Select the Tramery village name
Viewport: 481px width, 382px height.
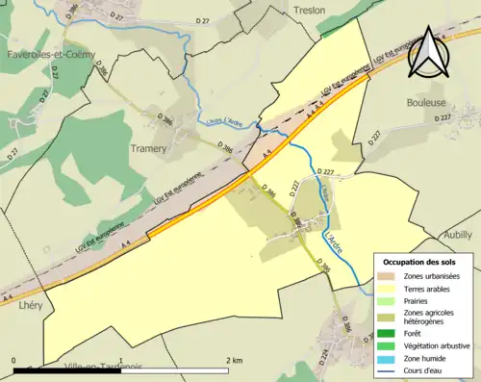tap(149, 148)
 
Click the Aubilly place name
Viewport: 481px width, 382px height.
tap(460, 235)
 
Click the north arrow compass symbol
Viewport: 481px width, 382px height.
tap(427, 54)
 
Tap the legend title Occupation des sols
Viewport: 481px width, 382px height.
tap(419, 262)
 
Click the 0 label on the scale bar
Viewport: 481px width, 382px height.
tap(13, 359)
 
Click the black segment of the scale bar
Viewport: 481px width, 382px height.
tap(67, 367)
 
